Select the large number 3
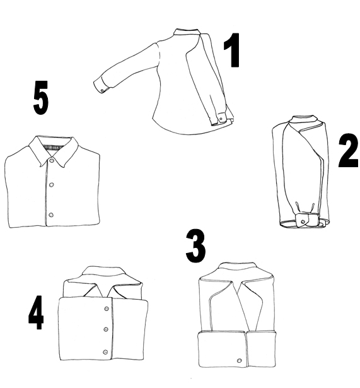point(195,247)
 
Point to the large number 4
point(37,313)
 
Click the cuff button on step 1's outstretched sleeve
point(103,90)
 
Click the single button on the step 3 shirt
point(239,360)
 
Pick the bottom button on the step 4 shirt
point(105,351)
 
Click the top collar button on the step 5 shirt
point(51,161)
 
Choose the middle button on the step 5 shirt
point(52,185)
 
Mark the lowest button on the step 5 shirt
point(51,215)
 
